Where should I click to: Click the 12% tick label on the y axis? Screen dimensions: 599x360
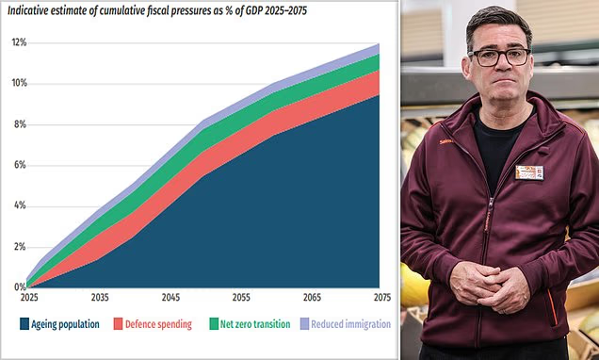19,42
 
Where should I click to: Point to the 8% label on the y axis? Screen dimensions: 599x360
20,124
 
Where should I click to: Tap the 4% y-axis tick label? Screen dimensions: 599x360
20,205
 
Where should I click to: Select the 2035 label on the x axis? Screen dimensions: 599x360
100,297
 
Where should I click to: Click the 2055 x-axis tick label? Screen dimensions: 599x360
241,297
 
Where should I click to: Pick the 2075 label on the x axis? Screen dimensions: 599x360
382,297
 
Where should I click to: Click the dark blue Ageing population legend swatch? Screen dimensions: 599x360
24,324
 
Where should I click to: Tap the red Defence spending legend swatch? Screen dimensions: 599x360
119,324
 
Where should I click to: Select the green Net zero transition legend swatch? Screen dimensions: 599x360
214,324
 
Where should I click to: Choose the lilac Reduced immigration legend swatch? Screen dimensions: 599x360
304,324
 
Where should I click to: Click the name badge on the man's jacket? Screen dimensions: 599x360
529,172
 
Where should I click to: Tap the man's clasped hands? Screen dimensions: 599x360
490,285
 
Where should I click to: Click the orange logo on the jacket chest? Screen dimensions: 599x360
445,141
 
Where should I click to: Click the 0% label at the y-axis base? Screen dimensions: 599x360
20,287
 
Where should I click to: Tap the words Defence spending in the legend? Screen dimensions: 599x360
158,324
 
